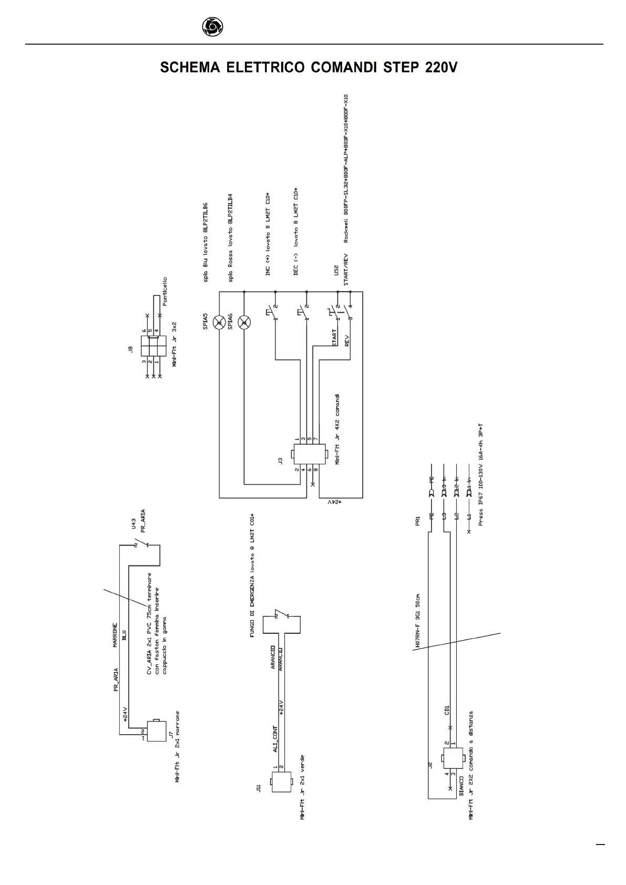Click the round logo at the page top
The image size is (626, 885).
click(212, 26)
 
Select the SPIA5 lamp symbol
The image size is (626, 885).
click(219, 322)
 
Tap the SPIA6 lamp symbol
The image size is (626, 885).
click(244, 322)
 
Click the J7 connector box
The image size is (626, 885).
click(157, 730)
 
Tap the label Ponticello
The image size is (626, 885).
click(165, 292)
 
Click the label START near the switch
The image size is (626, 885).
click(334, 337)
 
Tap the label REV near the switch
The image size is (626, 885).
click(346, 340)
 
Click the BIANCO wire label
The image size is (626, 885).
click(461, 787)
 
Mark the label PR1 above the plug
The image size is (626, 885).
click(418, 521)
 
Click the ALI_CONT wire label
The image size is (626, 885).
click(275, 739)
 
